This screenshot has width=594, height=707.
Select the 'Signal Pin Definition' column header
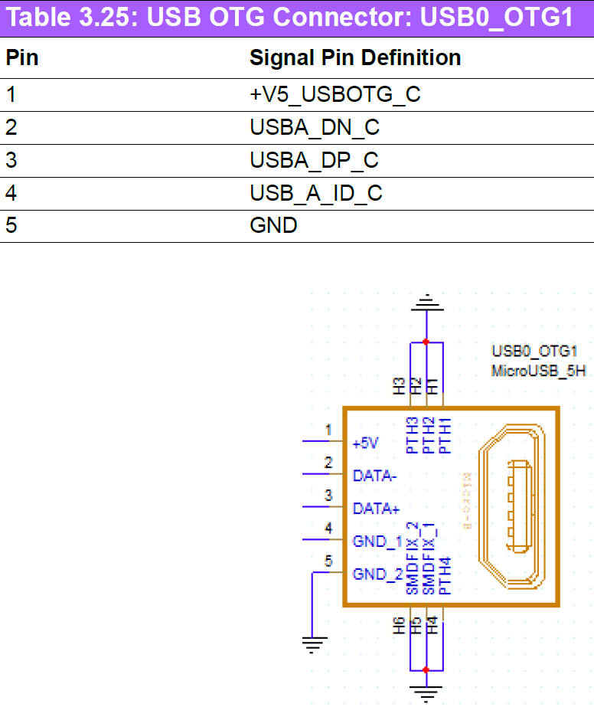pos(355,57)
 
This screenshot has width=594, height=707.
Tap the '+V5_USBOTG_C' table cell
pos(335,95)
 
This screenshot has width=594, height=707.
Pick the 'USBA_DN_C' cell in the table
pos(315,128)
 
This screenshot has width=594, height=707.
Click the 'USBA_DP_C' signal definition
pos(315,161)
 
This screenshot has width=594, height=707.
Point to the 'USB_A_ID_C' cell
pos(315,194)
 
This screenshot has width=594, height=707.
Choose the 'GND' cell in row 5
pos(273,227)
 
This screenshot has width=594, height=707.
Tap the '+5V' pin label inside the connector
pos(366,444)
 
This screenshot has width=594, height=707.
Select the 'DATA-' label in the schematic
pos(374,476)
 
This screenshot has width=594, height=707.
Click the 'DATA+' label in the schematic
pos(376,508)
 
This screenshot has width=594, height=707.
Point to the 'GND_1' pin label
pos(377,541)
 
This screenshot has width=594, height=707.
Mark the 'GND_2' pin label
pos(377,574)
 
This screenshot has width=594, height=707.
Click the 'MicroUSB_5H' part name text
pos(540,372)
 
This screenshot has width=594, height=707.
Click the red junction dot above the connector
pos(426,342)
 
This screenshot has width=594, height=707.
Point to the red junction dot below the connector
pos(426,670)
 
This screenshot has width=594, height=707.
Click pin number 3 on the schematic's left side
pos(328,496)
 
